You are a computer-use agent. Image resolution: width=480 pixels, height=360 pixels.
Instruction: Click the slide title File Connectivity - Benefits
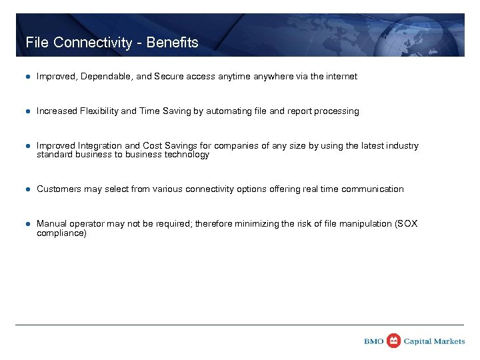point(112,43)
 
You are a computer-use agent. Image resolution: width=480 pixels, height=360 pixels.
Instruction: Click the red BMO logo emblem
point(394,341)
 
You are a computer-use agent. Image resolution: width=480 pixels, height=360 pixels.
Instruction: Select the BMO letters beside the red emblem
point(374,341)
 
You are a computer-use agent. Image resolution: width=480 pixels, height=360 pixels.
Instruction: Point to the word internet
point(341,77)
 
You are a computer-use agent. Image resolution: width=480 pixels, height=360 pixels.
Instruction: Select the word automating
point(230,111)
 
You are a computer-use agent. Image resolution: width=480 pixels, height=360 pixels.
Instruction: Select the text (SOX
point(406,224)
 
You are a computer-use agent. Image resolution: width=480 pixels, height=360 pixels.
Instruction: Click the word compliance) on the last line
point(61,233)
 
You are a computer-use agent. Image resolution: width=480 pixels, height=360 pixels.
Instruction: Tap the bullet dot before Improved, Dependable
point(28,77)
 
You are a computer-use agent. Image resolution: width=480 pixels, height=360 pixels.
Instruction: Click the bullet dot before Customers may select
point(28,189)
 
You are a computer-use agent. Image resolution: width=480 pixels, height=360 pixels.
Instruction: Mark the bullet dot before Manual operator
point(28,224)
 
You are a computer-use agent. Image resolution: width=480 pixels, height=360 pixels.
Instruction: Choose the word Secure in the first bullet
point(167,77)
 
